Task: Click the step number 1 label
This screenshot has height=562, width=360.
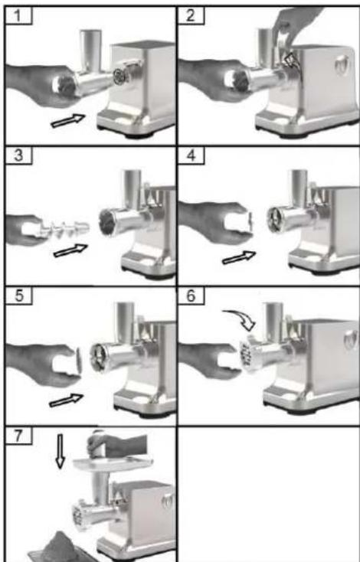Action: [18, 16]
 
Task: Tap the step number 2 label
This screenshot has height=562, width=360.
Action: [191, 16]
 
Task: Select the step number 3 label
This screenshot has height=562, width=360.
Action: [18, 156]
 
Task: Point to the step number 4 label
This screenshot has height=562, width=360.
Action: [191, 156]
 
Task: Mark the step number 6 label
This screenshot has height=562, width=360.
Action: [191, 296]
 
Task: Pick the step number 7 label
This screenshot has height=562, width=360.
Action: [18, 436]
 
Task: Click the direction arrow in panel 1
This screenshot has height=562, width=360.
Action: [68, 120]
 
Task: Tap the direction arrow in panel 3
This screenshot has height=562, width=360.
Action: [70, 250]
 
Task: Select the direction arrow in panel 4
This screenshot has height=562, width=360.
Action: [239, 257]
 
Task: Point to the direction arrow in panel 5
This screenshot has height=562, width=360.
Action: [67, 400]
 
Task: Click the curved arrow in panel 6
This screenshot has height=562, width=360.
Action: [241, 317]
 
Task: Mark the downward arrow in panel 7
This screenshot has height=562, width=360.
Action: [61, 451]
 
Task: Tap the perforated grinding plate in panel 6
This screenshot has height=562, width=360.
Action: [247, 355]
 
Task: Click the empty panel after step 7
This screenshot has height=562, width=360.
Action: [269, 494]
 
